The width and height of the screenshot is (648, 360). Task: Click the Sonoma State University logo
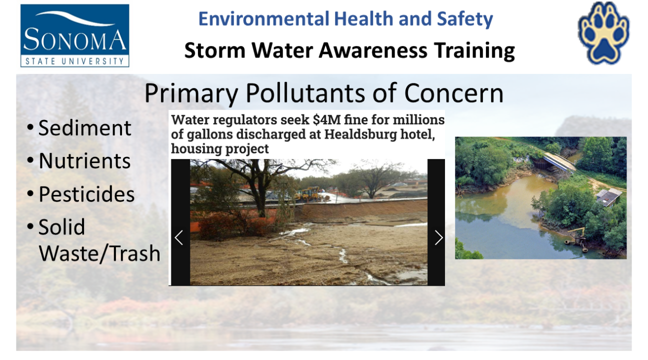74,35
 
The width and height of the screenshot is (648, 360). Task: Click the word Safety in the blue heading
464,19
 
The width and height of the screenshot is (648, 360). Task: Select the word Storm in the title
215,50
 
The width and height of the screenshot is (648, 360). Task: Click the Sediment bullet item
79,127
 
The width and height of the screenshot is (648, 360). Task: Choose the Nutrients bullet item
79,160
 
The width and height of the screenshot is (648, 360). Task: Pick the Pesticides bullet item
81,193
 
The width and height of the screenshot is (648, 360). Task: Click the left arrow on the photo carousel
179,238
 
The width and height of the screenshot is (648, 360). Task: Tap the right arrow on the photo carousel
438,238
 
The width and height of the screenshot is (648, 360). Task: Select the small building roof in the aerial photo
608,195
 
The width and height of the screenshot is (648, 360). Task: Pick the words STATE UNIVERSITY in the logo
74,61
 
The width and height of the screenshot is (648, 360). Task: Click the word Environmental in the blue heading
264,19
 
